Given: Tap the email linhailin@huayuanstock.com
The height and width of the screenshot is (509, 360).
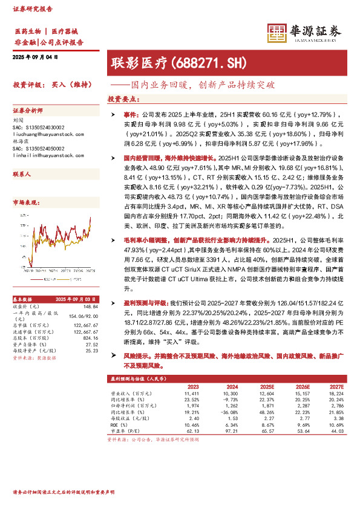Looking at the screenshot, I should (48, 156).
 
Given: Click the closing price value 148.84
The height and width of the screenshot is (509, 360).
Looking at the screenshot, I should (91, 305).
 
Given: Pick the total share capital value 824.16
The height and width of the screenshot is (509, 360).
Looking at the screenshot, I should (91, 336).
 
